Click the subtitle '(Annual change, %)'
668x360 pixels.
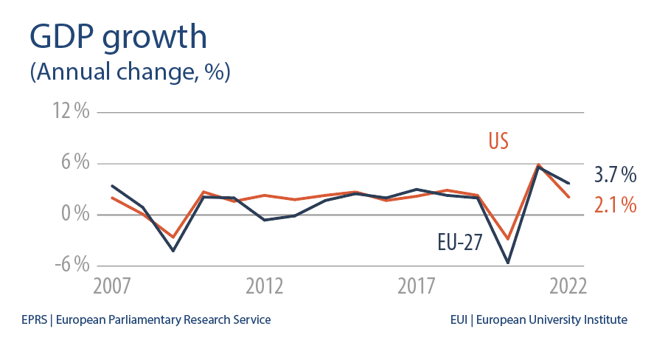(130, 73)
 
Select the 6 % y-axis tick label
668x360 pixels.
(74, 164)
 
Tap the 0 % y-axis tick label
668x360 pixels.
(74, 215)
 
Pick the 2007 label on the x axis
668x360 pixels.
(112, 286)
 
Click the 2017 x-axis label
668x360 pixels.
(417, 286)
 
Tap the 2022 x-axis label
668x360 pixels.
(567, 286)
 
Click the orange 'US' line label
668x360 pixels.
(498, 141)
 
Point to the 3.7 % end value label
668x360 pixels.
(615, 176)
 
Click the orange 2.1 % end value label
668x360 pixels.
(615, 205)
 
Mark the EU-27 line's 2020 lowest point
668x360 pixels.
(508, 263)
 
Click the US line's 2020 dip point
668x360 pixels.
(508, 239)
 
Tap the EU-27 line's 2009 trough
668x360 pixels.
(173, 251)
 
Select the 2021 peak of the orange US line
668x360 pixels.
(538, 165)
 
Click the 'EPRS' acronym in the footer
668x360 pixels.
(34, 320)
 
